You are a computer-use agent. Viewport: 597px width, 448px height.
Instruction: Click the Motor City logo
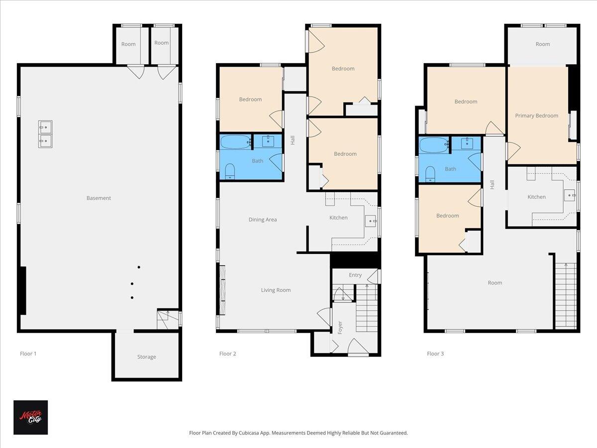point(30,417)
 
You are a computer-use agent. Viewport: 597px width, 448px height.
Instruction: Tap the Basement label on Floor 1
point(99,198)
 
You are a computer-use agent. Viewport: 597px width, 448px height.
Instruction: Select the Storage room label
point(146,357)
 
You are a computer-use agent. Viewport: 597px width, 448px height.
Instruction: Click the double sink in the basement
point(45,134)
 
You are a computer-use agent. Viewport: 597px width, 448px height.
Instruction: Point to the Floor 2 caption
point(227,354)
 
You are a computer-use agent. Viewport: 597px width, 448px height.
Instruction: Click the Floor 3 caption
point(435,354)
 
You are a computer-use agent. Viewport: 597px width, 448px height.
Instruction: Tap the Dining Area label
point(263,220)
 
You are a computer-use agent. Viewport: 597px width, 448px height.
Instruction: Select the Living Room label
point(276,290)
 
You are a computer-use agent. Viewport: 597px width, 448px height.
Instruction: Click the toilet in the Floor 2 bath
point(229,171)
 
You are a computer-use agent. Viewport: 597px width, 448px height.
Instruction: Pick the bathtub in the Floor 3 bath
point(434,145)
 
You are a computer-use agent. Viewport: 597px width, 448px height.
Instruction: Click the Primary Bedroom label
point(536,115)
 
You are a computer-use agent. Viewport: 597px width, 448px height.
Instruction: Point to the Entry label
point(355,275)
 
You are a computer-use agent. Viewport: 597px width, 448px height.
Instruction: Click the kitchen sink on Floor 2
point(371,221)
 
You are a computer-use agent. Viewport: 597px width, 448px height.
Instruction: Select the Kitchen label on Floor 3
point(536,197)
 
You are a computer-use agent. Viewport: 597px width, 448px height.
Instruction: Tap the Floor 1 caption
point(28,354)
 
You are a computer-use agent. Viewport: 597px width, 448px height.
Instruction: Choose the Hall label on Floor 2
point(293,140)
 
